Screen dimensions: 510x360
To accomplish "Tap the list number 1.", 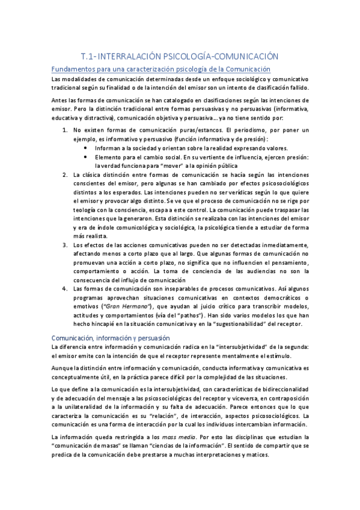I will pyautogui.click(x=65, y=130).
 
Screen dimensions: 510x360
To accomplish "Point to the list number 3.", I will pyautogui.click(x=65, y=245).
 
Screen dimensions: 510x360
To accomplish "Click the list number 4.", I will pyautogui.click(x=65, y=289).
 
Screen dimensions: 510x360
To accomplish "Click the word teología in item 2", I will pyautogui.click(x=85, y=210).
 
